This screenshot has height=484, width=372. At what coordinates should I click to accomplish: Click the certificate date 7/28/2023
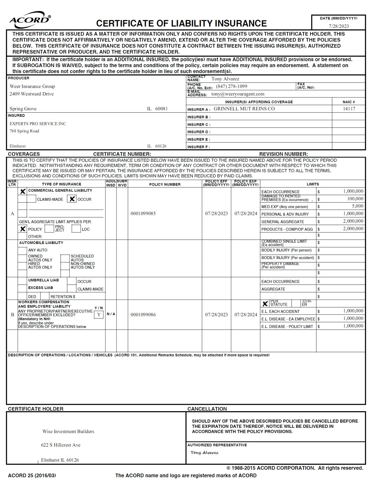coord(339,26)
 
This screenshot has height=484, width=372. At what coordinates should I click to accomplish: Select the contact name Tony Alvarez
coord(225,79)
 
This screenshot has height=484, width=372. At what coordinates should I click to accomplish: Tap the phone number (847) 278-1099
coord(232,86)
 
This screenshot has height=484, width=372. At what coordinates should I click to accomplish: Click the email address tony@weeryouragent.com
coord(238,94)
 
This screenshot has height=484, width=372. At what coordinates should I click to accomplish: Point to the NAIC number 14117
coord(349,109)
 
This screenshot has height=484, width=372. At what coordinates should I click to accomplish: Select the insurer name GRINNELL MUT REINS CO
coord(244,109)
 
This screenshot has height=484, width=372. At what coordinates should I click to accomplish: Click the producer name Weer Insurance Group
coord(32,86)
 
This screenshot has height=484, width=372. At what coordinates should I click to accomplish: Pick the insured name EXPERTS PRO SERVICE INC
coord(38,124)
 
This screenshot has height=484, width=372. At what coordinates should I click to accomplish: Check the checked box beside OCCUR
coord(72,199)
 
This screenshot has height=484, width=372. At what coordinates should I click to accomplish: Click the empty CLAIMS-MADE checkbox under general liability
coord(31,199)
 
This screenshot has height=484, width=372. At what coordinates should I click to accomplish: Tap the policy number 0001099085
coord(143,214)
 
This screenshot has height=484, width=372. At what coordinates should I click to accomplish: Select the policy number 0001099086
coord(143,315)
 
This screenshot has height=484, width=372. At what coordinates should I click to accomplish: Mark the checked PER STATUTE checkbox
coord(265,304)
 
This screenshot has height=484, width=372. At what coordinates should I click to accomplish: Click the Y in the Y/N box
coord(99,315)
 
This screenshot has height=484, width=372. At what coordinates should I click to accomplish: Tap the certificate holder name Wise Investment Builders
coord(68,432)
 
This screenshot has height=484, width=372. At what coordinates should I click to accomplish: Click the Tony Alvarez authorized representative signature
coord(204,453)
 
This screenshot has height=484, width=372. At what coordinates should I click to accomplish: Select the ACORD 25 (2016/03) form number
coord(32,476)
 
